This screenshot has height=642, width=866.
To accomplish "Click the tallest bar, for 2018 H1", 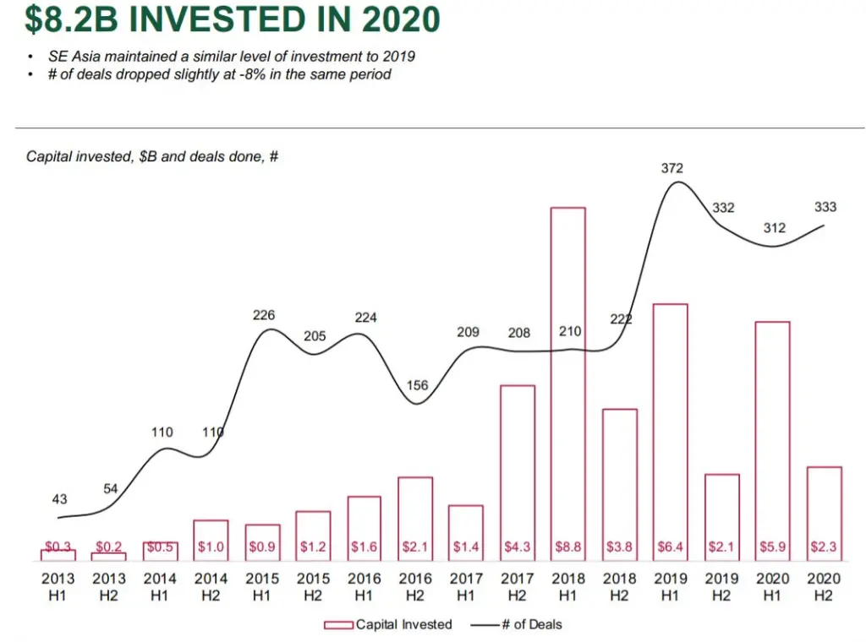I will coord(567,380).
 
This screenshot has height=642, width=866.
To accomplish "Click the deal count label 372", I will coord(672,169).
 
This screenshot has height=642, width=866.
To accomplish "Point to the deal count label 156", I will coord(417,385).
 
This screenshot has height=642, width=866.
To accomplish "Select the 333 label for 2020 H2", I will coord(825,206).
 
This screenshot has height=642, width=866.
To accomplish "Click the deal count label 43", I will coord(60,499).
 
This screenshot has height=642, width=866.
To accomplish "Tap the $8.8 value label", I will coord(567,547).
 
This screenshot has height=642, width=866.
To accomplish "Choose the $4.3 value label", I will coord(518,547).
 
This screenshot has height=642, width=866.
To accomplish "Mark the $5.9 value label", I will coord(772,547).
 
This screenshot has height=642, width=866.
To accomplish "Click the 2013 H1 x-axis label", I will coord(58,586).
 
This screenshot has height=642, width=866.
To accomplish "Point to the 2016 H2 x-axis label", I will coord(415,586).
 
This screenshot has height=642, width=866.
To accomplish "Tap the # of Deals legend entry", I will coord(517,625).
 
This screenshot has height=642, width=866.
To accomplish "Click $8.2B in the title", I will coord(64,19).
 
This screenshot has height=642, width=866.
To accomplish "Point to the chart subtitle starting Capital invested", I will coord(152,157).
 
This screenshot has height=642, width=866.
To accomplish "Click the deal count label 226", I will coord(264,315).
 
